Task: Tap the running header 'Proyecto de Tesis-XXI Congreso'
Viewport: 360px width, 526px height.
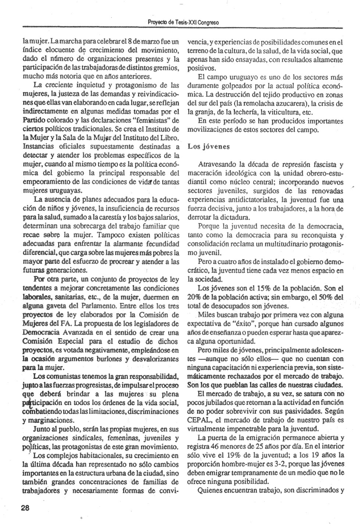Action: click(x=183, y=23)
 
